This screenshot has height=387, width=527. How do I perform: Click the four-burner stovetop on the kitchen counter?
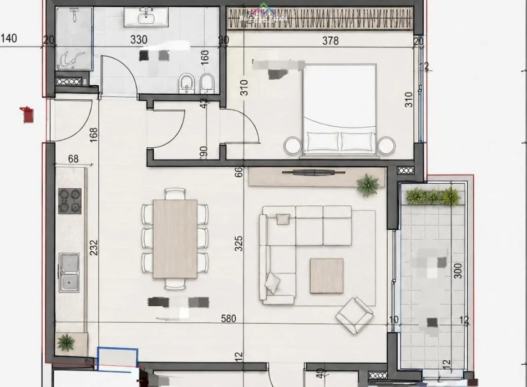[70, 200]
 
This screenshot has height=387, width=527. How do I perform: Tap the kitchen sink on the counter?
[69, 272]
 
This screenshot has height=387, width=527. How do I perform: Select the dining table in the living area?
[175, 239]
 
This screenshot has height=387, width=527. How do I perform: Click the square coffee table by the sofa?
[326, 276]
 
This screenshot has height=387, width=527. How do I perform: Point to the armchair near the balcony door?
[354, 315]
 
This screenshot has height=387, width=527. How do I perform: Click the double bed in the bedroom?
[340, 108]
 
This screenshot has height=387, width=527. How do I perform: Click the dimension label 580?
[229, 319]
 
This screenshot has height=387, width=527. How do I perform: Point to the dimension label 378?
[330, 41]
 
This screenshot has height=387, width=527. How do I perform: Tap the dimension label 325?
[239, 244]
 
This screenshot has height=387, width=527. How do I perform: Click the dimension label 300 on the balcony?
[458, 270]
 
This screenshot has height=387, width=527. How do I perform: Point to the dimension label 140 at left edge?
[9, 38]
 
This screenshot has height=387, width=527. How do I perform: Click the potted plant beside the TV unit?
[368, 185]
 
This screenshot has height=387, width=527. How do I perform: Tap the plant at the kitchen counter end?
[66, 342]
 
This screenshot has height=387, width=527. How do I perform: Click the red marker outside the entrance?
[27, 115]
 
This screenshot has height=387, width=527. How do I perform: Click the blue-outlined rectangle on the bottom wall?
[117, 357]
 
